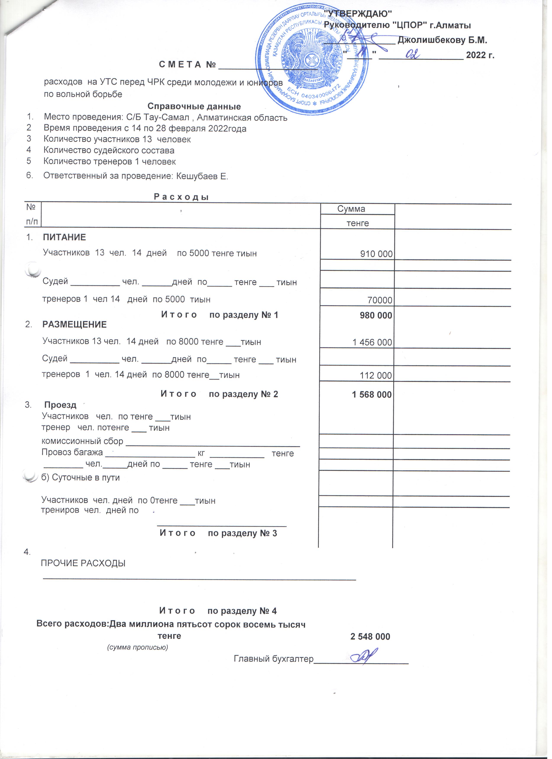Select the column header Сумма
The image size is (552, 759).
tap(354, 210)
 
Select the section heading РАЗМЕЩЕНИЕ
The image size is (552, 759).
tap(75, 327)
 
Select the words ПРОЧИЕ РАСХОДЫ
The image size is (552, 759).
tap(84, 568)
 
